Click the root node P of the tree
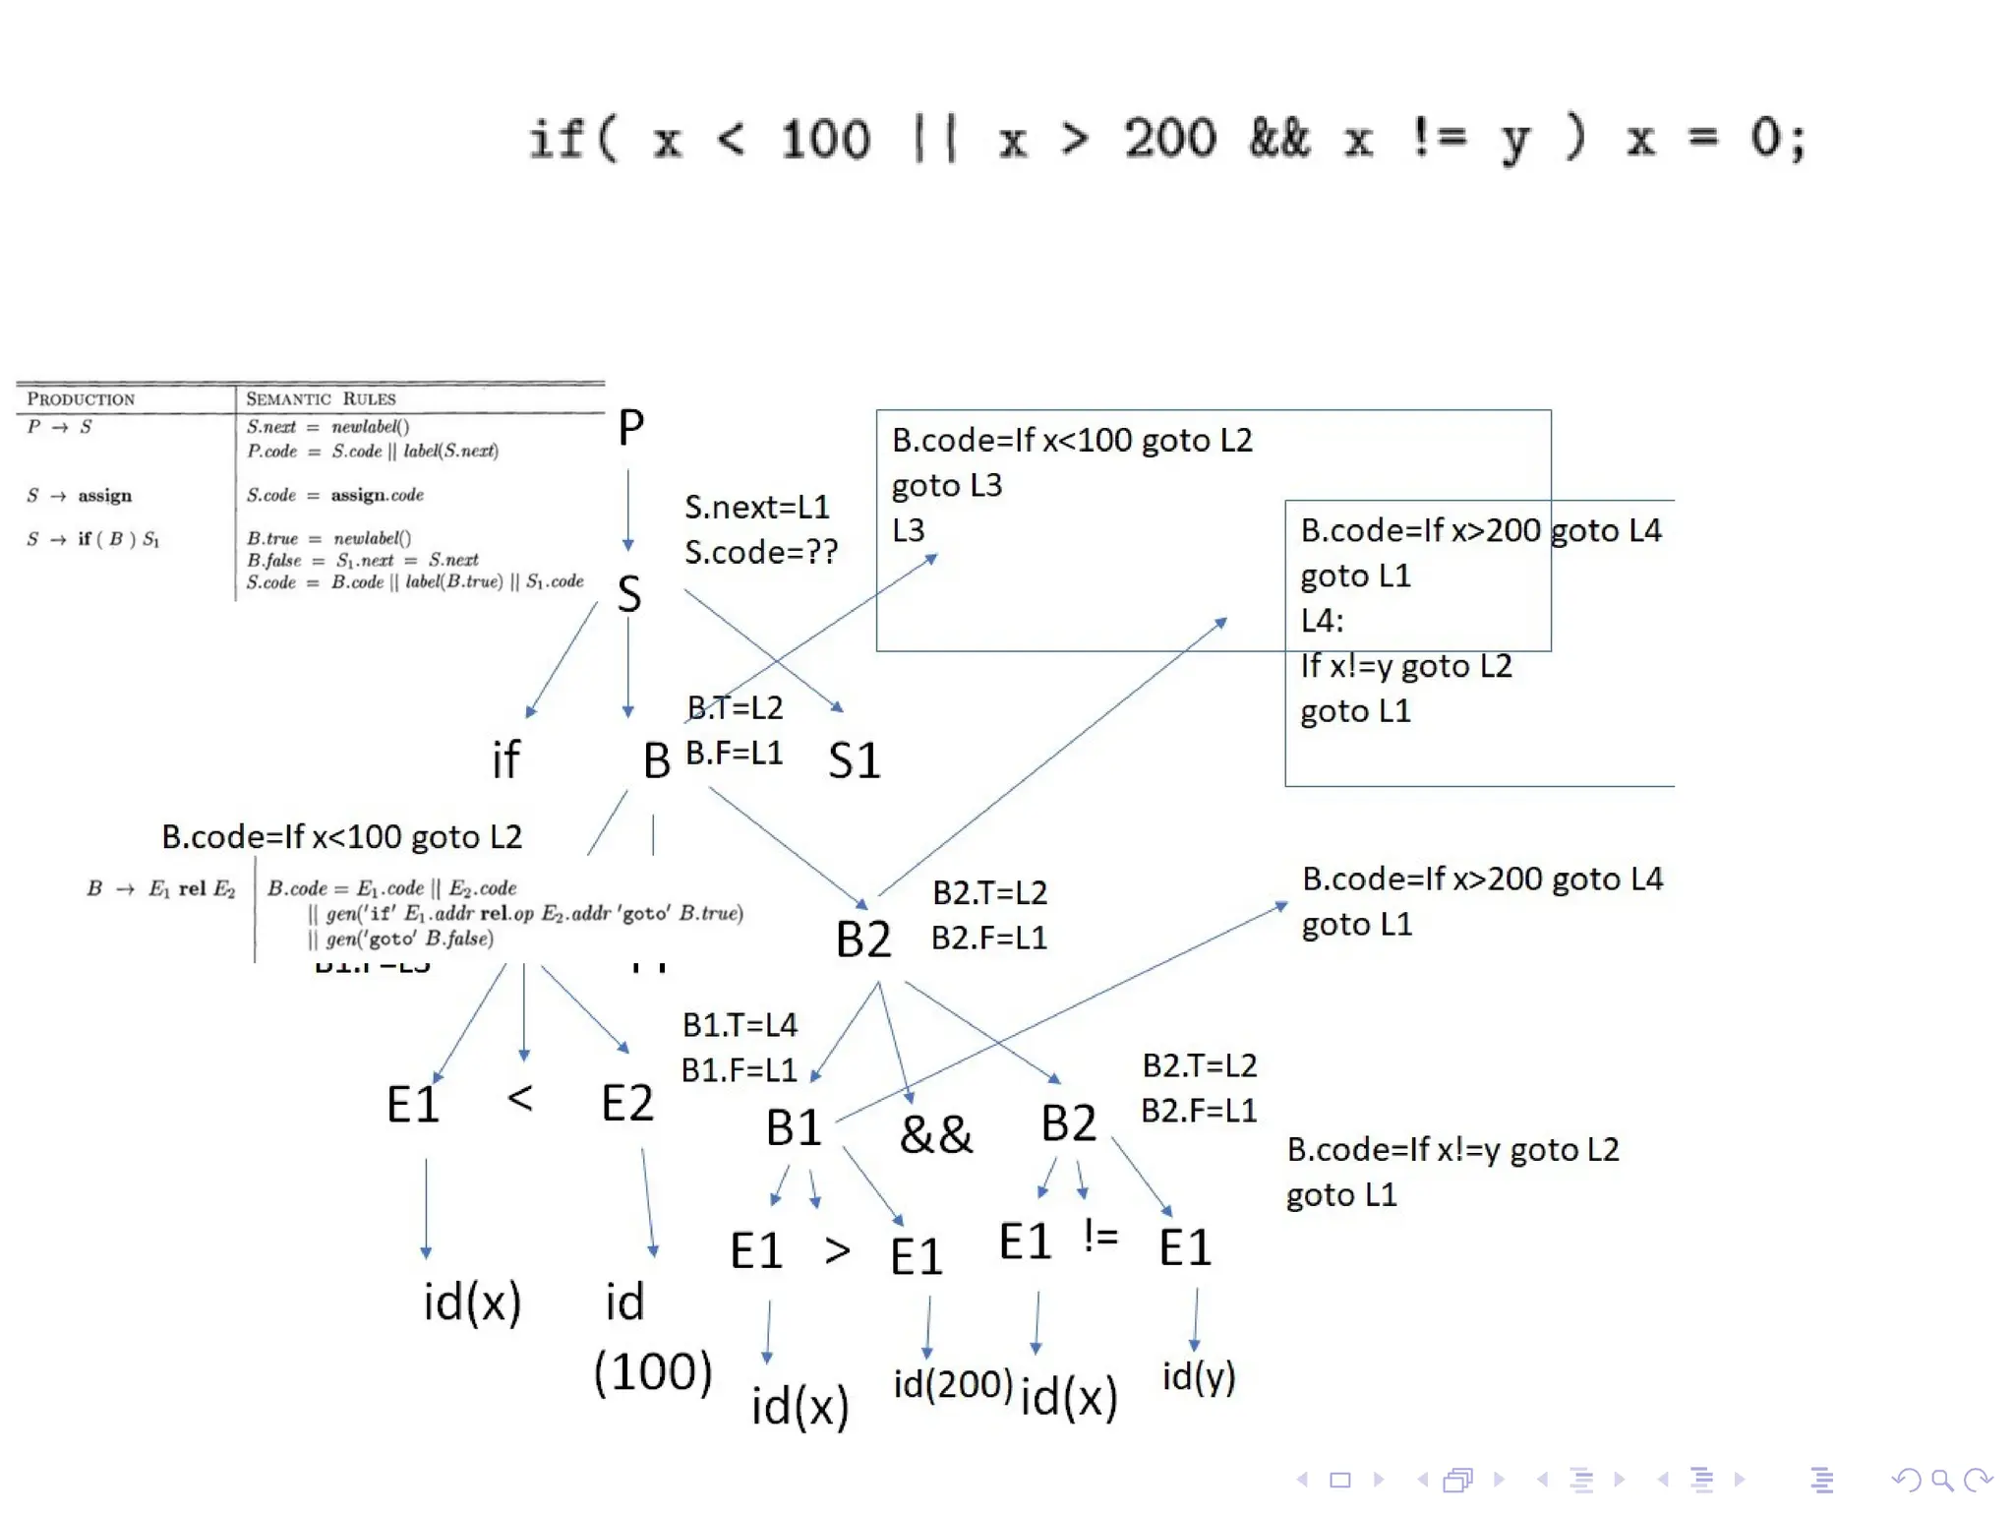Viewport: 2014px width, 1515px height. (630, 428)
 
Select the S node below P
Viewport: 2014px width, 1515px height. (629, 594)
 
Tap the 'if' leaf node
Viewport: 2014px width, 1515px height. (505, 759)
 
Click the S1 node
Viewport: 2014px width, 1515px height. (854, 760)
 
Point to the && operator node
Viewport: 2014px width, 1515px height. (935, 1134)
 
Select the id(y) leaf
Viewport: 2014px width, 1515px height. (1198, 1376)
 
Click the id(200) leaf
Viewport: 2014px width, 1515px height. (952, 1384)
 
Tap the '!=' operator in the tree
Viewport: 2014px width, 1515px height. (1100, 1236)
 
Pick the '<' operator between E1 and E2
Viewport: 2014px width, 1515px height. (520, 1097)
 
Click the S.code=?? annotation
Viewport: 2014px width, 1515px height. (761, 552)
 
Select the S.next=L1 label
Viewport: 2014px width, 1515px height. (757, 507)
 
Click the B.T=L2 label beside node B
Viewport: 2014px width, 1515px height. (735, 707)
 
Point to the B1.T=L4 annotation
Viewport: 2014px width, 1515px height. (740, 1025)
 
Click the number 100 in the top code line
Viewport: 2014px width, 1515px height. (825, 139)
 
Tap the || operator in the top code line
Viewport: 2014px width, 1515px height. (934, 139)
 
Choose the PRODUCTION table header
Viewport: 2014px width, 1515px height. (81, 398)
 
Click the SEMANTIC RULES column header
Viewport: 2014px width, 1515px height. (321, 398)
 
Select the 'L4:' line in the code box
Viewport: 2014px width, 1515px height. (1322, 621)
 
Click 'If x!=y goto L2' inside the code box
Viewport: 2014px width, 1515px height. (1406, 666)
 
